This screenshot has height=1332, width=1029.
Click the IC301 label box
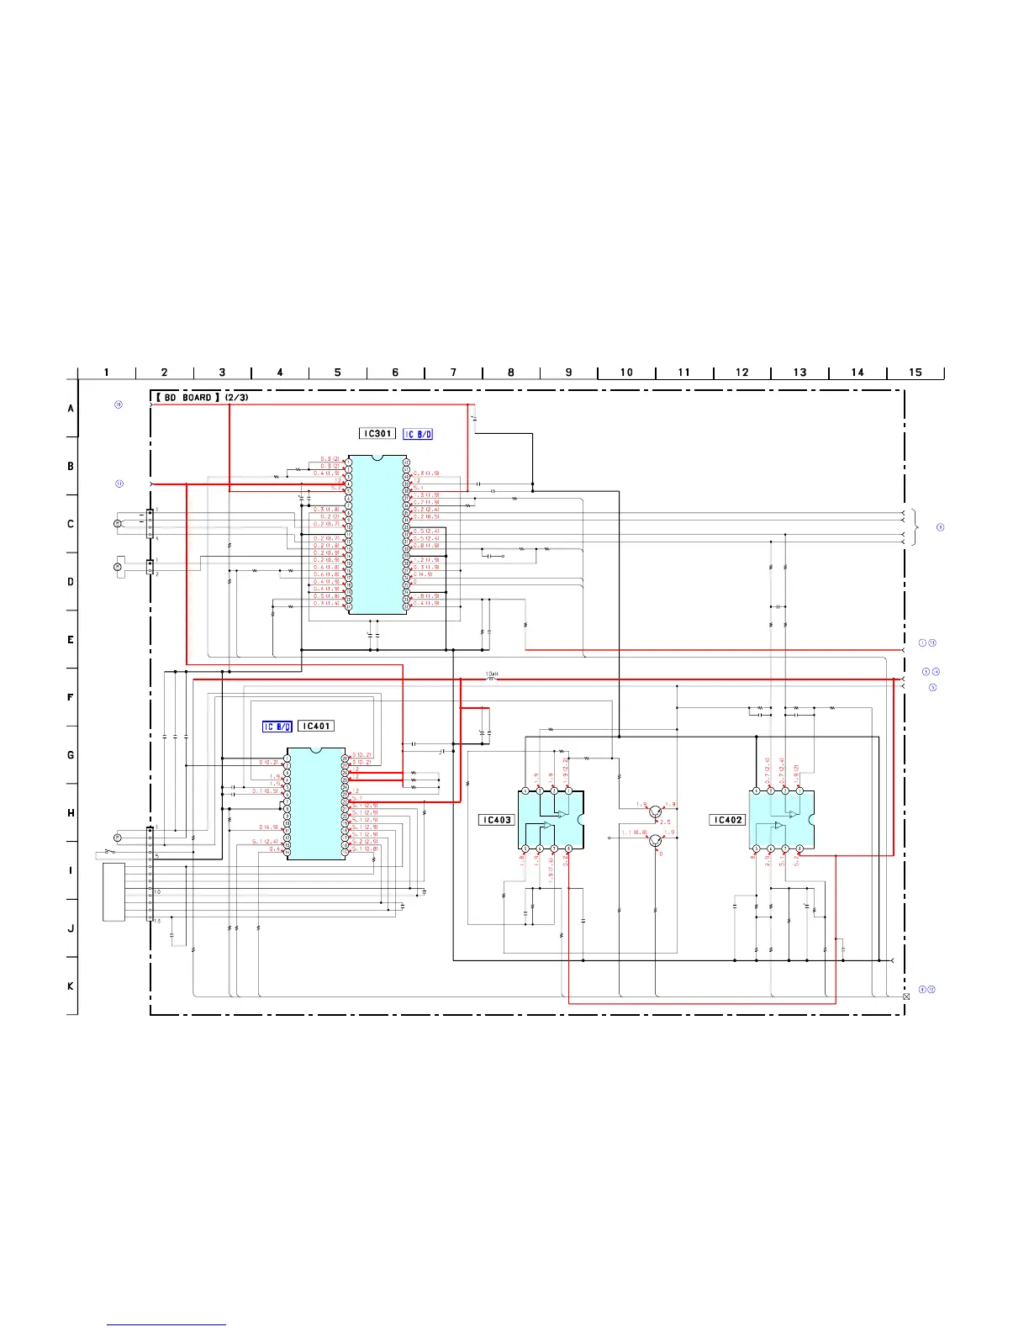[x=377, y=433]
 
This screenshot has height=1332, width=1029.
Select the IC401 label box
[x=316, y=726]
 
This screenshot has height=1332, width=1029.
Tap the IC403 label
[x=496, y=820]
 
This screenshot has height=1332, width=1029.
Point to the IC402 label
[x=727, y=820]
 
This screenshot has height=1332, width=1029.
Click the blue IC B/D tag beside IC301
[x=418, y=434]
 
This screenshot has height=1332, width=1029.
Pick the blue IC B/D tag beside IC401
[x=277, y=727]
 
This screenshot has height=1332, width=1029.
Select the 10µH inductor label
[x=492, y=674]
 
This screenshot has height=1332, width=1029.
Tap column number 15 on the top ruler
[x=915, y=372]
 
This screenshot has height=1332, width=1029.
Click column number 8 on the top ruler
[x=510, y=372]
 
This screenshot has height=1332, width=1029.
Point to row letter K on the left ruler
[x=71, y=986]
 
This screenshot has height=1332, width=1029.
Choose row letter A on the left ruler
[x=71, y=408]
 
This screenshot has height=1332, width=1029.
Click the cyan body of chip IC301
[x=377, y=538]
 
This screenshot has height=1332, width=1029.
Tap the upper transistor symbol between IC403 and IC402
[x=655, y=811]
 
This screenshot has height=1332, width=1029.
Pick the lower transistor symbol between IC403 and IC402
[x=655, y=839]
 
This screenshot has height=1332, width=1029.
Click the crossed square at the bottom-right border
[x=906, y=996]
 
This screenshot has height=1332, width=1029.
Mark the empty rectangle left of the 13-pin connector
[x=113, y=891]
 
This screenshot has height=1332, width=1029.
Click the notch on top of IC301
[x=377, y=458]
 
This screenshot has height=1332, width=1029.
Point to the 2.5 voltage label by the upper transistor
[x=665, y=822]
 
